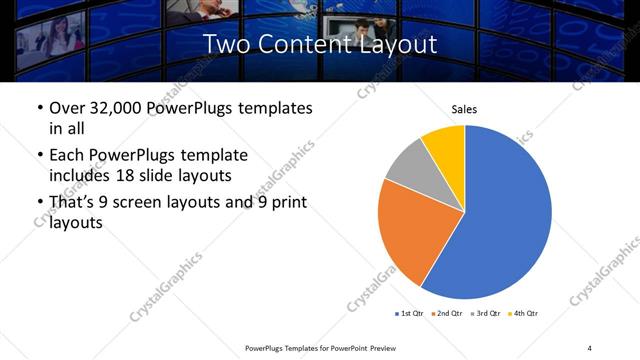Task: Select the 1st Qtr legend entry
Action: click(410, 314)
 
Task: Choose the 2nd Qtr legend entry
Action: click(448, 314)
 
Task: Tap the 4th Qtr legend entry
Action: click(524, 314)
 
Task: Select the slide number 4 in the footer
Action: click(589, 347)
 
